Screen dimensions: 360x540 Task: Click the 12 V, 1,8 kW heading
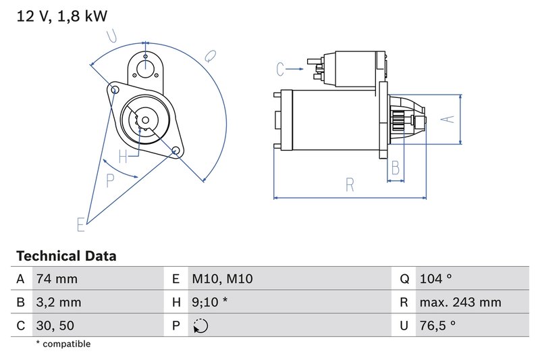click(61, 16)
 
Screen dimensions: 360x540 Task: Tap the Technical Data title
click(65, 256)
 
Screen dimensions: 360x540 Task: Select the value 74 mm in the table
click(57, 279)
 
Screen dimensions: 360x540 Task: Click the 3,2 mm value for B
click(59, 303)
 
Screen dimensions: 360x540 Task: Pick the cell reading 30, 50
click(55, 326)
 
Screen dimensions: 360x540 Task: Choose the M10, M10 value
click(222, 279)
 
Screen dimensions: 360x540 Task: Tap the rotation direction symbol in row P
click(200, 326)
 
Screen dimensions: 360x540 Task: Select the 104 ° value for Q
click(436, 279)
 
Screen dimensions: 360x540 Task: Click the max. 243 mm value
click(460, 303)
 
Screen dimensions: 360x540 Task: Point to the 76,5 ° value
click(437, 326)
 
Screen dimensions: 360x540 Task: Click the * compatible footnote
click(63, 344)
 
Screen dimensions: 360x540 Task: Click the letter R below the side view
click(350, 185)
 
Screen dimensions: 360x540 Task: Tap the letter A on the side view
click(445, 119)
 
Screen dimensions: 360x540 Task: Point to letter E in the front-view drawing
click(81, 224)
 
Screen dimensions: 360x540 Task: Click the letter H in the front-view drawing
click(123, 157)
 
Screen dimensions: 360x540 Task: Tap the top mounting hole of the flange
click(144, 66)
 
